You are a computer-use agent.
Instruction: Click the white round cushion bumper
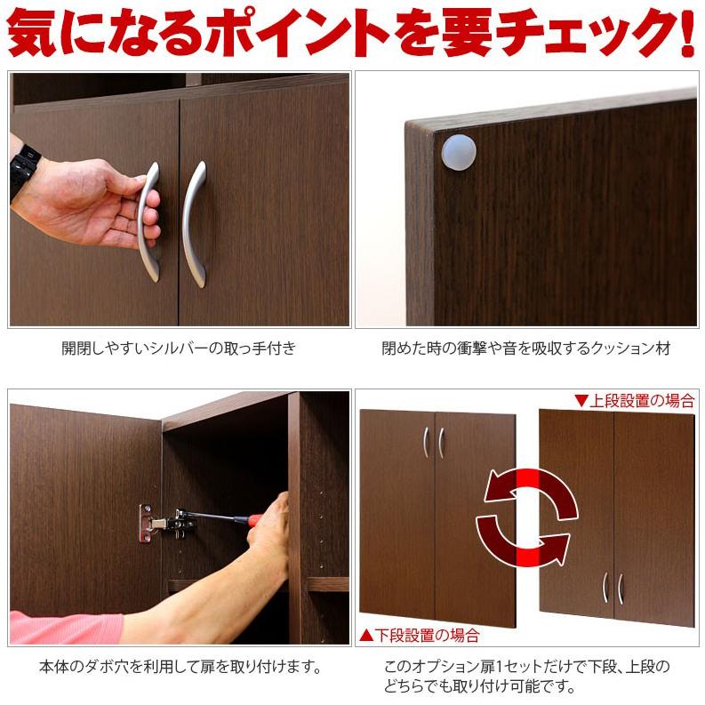[x=459, y=151]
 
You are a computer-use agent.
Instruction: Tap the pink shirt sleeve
[x=62, y=627]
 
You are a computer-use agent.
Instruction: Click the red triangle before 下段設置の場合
[x=365, y=636]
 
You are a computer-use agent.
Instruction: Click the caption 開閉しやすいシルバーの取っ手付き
[x=178, y=348]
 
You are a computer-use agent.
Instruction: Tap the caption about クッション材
[x=526, y=348]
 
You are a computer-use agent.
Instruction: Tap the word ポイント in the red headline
[x=294, y=34]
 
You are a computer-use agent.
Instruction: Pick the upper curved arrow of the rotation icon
[x=531, y=493]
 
